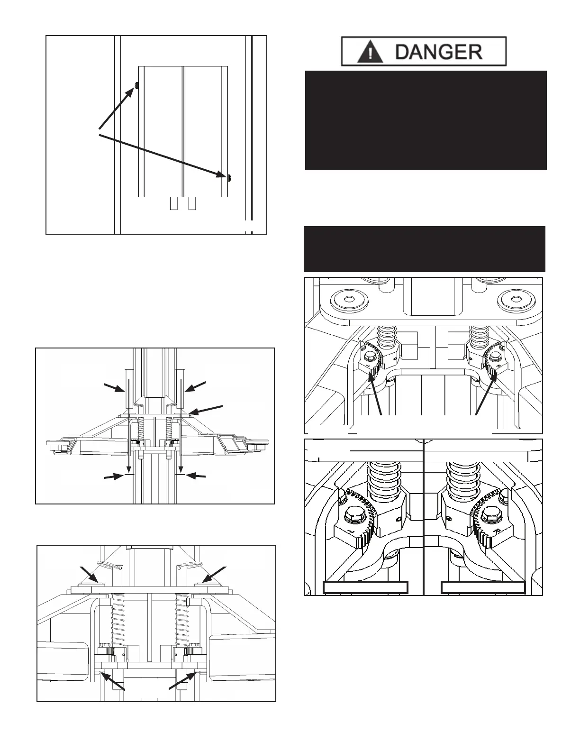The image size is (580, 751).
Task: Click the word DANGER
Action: click(x=438, y=52)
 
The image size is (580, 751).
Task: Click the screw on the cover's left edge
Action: click(x=136, y=85)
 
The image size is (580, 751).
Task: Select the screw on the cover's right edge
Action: click(x=229, y=177)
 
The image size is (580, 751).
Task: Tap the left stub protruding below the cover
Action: click(x=174, y=203)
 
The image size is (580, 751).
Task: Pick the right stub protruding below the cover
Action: click(x=192, y=203)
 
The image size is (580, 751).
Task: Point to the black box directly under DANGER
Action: click(x=426, y=120)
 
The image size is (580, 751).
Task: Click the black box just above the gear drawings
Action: click(x=424, y=249)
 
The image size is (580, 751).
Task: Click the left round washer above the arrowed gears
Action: click(x=349, y=300)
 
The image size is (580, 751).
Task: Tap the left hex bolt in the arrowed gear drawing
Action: click(x=369, y=356)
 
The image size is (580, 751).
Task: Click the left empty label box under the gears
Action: click(x=365, y=587)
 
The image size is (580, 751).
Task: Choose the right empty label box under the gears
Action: click(x=483, y=587)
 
